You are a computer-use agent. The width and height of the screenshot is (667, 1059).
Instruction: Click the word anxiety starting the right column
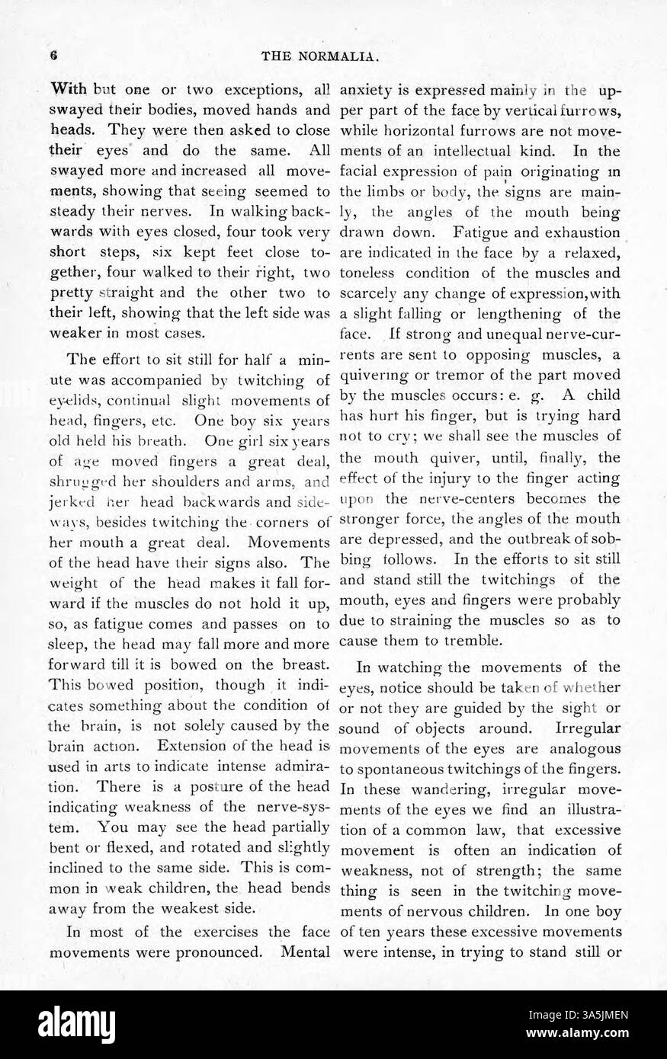[x=363, y=90]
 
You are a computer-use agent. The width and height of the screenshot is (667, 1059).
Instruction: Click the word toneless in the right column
[x=364, y=273]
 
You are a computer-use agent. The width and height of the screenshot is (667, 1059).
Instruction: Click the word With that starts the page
[x=65, y=90]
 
